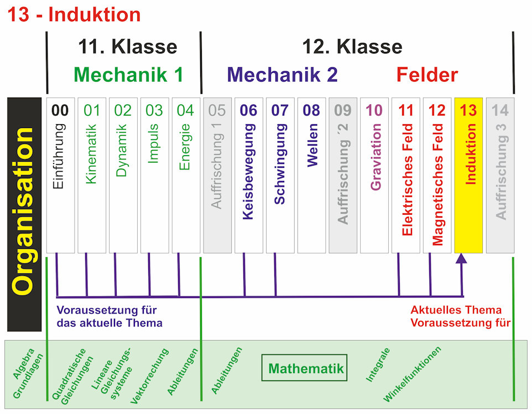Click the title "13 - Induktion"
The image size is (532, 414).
74,14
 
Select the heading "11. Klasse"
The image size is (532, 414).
128,47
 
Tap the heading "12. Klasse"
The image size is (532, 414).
352,47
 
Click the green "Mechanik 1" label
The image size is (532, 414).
128,75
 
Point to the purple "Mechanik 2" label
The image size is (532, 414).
282,75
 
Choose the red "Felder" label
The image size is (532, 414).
427,75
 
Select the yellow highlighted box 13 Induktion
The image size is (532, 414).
468,176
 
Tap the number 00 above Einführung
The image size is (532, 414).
60,110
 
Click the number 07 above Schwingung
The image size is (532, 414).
280,110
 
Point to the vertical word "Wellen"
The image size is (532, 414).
312,145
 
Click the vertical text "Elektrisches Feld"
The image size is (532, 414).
407,179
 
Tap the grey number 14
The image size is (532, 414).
500,110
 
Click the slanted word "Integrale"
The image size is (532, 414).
378,365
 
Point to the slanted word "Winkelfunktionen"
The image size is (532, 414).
413,374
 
